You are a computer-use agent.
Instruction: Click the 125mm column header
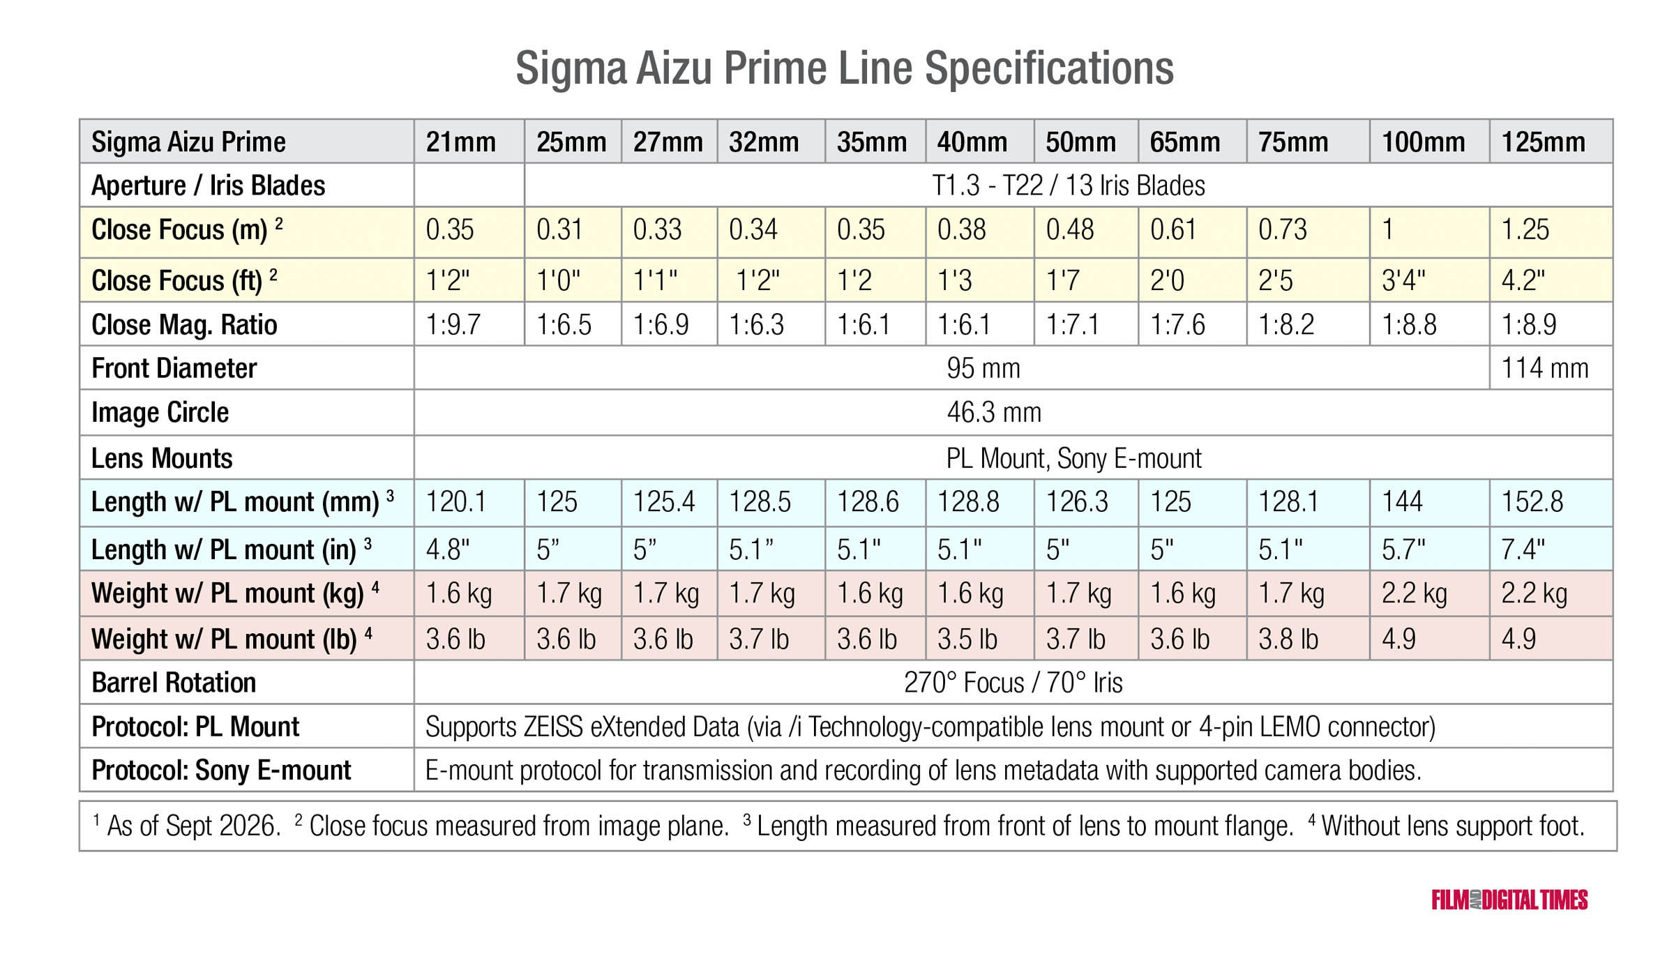1543,142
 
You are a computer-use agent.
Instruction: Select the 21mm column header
461,142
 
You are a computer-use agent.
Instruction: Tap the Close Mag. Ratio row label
184,325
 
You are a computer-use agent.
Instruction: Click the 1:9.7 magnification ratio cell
453,325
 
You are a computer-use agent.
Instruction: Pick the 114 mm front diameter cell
1545,368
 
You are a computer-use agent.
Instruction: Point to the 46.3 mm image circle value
994,413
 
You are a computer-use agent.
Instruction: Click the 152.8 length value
1532,502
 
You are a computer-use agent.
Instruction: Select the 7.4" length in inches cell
1523,549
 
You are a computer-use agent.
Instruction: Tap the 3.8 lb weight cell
1288,639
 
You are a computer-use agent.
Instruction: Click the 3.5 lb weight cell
967,639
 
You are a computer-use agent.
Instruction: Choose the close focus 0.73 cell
1283,230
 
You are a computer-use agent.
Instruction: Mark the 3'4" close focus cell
1403,280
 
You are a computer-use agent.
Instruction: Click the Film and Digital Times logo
1509,900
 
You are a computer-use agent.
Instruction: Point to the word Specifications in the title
1049,68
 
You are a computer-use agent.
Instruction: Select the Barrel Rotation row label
174,683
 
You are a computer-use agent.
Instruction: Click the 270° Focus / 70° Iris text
1013,683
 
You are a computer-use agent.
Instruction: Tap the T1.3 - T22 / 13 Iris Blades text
1069,185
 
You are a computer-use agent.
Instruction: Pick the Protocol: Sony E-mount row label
221,771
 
